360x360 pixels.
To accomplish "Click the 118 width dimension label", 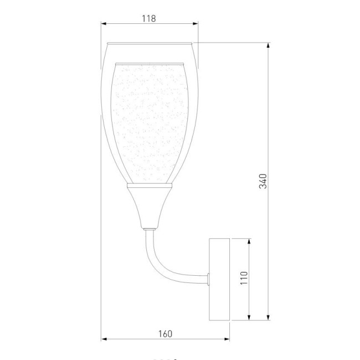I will pos(148,18).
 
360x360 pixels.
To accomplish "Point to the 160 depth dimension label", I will pos(165,333).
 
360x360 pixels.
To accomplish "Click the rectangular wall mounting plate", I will pos(219,279).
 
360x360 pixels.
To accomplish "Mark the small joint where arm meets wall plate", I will pos(208,278).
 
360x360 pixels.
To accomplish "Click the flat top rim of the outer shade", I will pos(148,43).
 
